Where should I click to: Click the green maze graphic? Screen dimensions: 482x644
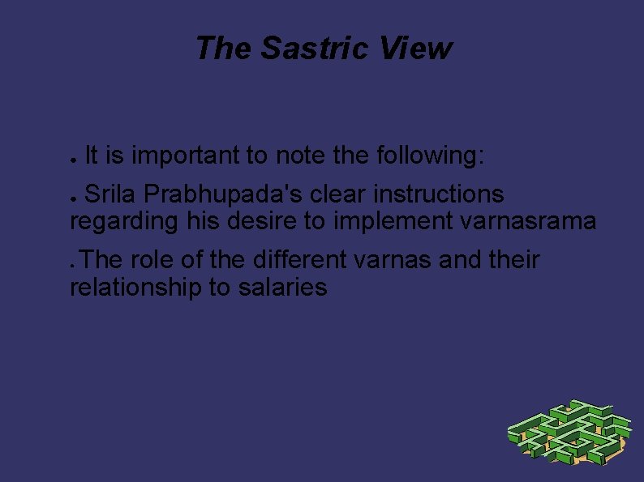pyautogui.click(x=569, y=433)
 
